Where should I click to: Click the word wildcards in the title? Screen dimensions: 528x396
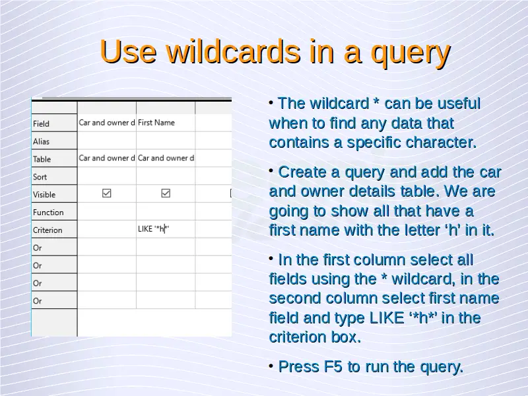(x=233, y=51)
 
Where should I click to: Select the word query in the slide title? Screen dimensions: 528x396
(x=411, y=54)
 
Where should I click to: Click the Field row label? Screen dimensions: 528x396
(x=41, y=124)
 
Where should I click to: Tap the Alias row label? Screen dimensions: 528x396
(x=41, y=141)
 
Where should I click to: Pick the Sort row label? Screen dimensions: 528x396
(x=40, y=177)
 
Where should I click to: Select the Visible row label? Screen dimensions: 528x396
(x=44, y=195)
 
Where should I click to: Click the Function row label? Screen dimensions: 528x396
(x=48, y=212)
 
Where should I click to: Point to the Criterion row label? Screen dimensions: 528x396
(x=48, y=230)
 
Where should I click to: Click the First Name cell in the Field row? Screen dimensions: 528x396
(x=156, y=123)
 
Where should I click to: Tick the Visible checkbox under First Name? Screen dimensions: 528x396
(x=166, y=193)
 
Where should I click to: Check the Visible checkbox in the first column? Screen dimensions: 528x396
(x=107, y=193)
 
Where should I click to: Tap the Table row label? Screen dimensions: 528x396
(x=42, y=159)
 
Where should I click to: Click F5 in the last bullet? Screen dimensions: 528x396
(x=333, y=366)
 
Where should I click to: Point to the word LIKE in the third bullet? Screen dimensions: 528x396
(x=387, y=317)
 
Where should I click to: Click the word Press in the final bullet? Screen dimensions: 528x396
(x=299, y=366)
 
